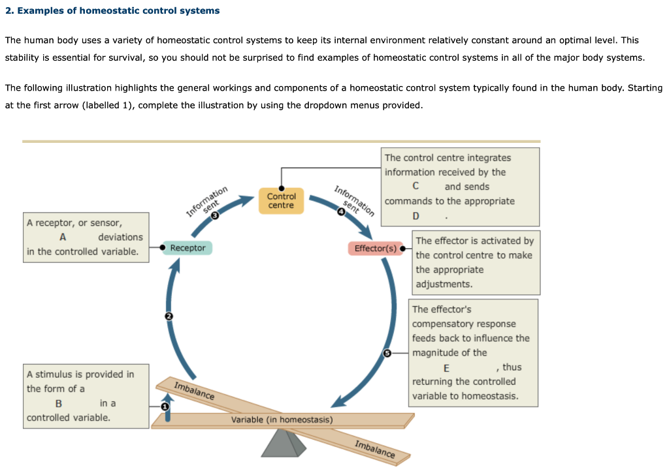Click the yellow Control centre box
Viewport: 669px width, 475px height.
pos(281,200)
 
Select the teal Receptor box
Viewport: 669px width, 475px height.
pos(188,248)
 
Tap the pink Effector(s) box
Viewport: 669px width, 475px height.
pos(375,249)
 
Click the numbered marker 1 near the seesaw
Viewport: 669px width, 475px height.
pos(165,406)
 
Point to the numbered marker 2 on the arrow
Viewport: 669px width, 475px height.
pos(169,316)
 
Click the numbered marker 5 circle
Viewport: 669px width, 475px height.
pos(386,353)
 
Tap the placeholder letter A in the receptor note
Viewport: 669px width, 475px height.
pos(63,237)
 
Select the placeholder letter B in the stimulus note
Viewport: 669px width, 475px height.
pos(59,403)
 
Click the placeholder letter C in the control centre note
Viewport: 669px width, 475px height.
pos(416,187)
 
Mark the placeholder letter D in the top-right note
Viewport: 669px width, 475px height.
pos(416,216)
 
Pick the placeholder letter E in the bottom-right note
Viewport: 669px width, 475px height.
pos(446,367)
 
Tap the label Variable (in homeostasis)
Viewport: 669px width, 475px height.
pos(282,420)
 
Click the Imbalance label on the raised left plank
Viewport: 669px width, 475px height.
pos(194,390)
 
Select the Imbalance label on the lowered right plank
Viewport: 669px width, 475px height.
pos(374,450)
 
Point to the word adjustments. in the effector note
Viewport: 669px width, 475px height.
pos(444,284)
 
